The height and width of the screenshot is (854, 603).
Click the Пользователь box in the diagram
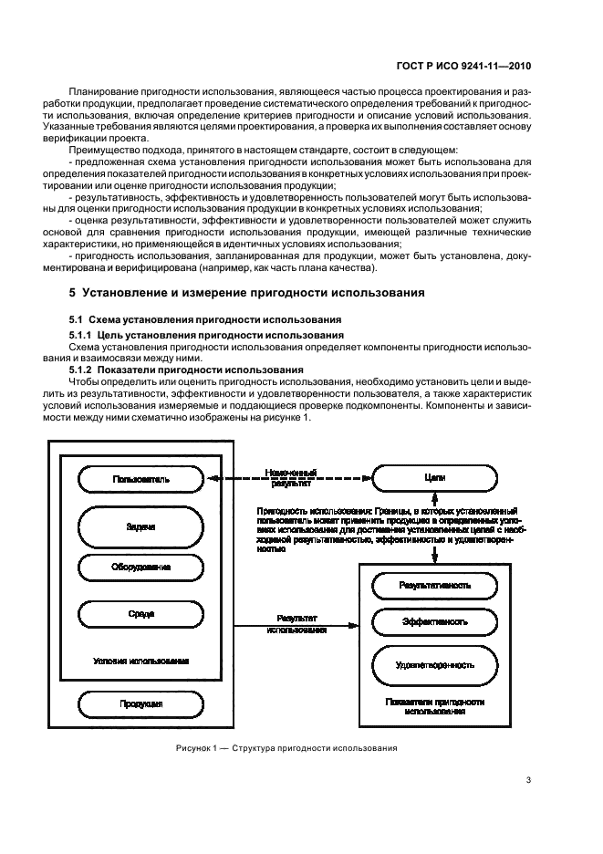coord(140,478)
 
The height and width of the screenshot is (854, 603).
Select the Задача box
coord(140,526)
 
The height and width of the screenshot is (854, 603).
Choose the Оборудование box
coord(140,568)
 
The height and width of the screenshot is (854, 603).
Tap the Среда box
coord(140,614)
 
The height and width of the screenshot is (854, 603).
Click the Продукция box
coord(140,704)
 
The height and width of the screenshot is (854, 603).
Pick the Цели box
coord(434,477)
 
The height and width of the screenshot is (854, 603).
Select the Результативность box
coord(434,585)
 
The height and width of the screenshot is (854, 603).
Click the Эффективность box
coord(434,622)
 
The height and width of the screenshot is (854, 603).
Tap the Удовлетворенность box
coord(434,665)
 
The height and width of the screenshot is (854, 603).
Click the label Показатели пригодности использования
coord(434,707)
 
